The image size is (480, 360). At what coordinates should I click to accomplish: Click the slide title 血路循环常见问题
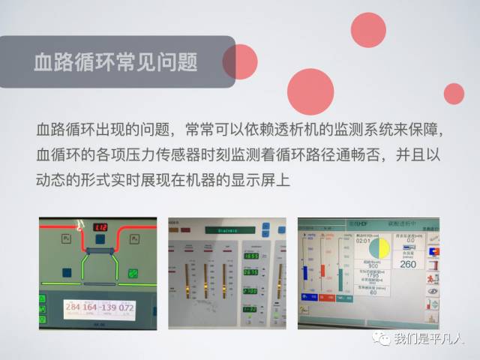coord(115,61)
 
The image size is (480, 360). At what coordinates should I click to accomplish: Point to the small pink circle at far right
coord(454,94)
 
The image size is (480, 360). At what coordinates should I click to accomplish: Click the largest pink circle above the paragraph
coord(310,91)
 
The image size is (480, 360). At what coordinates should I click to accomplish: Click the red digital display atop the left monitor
coord(100,227)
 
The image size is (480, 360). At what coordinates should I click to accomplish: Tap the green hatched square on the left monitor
coord(133,273)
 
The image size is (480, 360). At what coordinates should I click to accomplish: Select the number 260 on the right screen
coord(407,264)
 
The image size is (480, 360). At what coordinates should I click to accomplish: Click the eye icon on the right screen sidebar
coord(433,290)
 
